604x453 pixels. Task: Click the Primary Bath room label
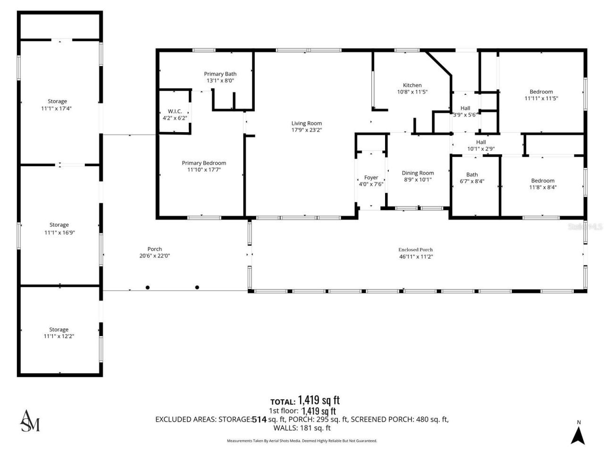click(x=220, y=74)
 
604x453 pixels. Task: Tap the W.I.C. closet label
click(x=175, y=111)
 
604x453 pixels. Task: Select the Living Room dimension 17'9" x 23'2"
click(x=306, y=130)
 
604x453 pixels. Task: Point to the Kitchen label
click(x=412, y=85)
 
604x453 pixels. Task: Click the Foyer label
click(x=371, y=178)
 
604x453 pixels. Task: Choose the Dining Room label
click(x=418, y=173)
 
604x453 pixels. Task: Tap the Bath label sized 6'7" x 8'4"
click(x=472, y=175)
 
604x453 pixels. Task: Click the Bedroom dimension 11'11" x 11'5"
click(x=541, y=99)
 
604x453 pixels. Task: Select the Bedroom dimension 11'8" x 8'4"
click(x=543, y=187)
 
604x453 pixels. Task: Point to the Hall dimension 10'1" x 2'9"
click(x=481, y=149)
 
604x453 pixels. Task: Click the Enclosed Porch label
click(x=415, y=250)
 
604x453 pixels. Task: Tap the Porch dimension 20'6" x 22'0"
click(x=154, y=256)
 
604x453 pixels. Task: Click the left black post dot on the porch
click(x=148, y=287)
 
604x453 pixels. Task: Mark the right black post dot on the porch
click(x=197, y=287)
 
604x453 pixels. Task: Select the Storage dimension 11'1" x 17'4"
click(x=57, y=108)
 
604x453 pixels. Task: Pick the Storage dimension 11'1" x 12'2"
click(x=59, y=336)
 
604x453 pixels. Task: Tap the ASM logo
click(x=30, y=421)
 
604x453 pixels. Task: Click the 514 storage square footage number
click(x=259, y=419)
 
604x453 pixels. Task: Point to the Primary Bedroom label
click(x=204, y=163)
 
